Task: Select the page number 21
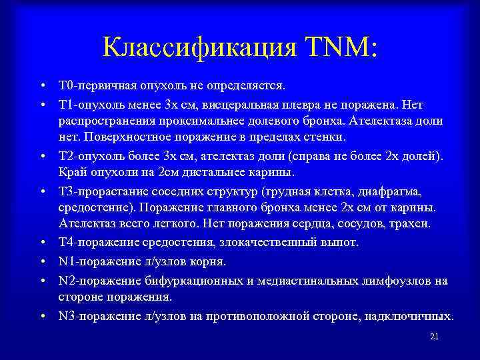[434, 337]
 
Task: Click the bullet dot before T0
[42, 87]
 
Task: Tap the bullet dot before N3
[42, 316]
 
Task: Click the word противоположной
[248, 316]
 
